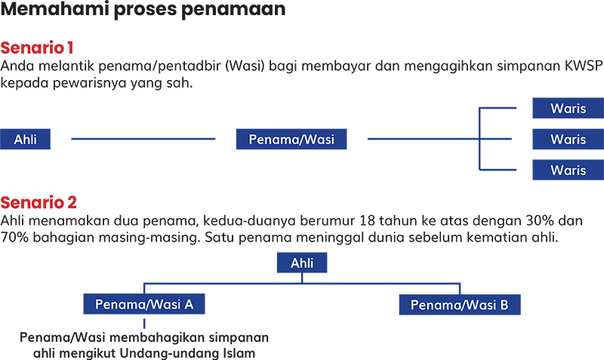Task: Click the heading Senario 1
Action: point(36,48)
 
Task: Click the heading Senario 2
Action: point(39,202)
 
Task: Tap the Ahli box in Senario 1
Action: point(25,139)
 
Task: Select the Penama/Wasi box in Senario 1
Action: point(291,139)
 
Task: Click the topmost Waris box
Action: point(569,108)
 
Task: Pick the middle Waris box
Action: point(569,139)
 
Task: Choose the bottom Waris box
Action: point(569,170)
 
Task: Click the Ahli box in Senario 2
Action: point(302,263)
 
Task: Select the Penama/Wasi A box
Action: point(144,304)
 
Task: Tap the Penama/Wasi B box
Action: point(460,305)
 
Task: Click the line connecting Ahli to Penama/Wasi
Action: point(143,139)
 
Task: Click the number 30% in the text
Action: point(540,220)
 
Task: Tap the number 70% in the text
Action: point(14,237)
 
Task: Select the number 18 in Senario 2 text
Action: point(367,220)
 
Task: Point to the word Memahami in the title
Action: point(55,8)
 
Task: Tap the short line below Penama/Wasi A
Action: point(144,324)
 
